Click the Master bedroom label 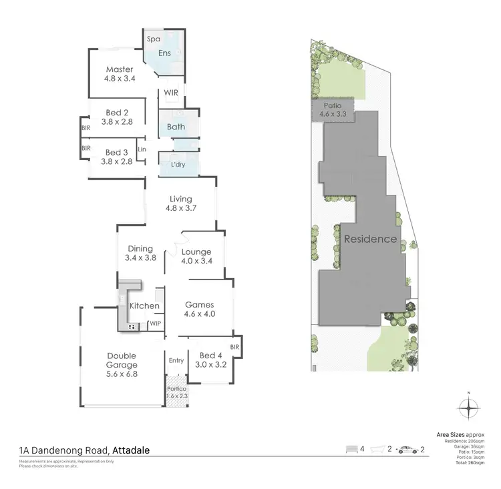click(x=120, y=69)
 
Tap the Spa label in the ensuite click(x=153, y=39)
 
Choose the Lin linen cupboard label click(x=142, y=149)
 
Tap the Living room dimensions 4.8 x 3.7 click(x=180, y=209)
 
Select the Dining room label click(x=140, y=249)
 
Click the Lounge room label click(x=196, y=251)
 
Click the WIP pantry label click(x=155, y=324)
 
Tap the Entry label click(x=176, y=361)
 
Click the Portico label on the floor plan click(x=176, y=388)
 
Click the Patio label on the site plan click(x=333, y=105)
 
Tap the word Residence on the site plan click(x=370, y=239)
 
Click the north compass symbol click(x=470, y=406)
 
